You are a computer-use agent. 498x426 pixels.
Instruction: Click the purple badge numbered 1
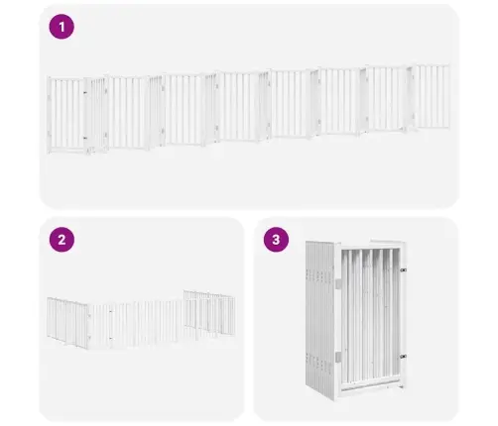click(x=62, y=27)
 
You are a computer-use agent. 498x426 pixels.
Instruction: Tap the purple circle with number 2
click(x=62, y=240)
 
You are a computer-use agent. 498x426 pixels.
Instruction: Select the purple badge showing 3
click(x=276, y=240)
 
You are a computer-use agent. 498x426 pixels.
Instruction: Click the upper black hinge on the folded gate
click(x=403, y=270)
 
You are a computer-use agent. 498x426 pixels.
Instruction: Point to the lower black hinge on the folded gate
click(x=403, y=357)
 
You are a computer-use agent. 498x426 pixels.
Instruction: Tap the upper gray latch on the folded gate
click(x=338, y=283)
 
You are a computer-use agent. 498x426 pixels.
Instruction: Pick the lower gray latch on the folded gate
click(x=338, y=357)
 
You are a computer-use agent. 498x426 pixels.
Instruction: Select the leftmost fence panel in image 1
click(x=65, y=115)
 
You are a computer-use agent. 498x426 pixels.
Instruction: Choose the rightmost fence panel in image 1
click(x=433, y=97)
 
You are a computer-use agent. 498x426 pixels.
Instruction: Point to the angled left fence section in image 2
click(x=67, y=322)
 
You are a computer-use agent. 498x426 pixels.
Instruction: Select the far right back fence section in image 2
click(x=209, y=313)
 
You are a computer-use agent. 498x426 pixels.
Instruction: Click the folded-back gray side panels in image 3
click(x=320, y=319)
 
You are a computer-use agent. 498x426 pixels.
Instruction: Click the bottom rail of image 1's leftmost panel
click(x=65, y=150)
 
